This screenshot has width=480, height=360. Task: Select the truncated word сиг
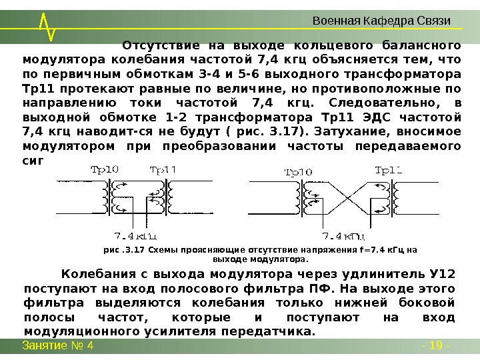pos(34,160)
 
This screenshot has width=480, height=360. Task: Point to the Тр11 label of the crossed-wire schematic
pos(389,170)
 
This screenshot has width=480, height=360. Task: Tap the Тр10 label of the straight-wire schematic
pos(103,169)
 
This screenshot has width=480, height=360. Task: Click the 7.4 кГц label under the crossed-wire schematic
pos(343,235)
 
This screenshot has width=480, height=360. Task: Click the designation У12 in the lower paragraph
pos(443,275)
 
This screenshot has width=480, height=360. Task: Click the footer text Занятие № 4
pos(58,345)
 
